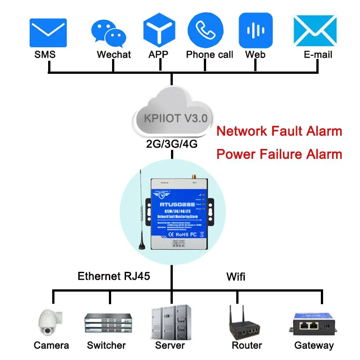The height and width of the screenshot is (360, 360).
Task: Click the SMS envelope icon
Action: pos(48,33)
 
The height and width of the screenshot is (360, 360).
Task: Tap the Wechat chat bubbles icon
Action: pos(108,33)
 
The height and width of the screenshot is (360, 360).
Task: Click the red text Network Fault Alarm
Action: pos(279,131)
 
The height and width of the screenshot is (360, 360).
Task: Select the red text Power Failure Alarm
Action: pos(279,154)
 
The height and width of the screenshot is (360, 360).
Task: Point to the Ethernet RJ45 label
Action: pos(113,276)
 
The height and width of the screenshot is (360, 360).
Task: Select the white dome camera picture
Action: pos(49,323)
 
